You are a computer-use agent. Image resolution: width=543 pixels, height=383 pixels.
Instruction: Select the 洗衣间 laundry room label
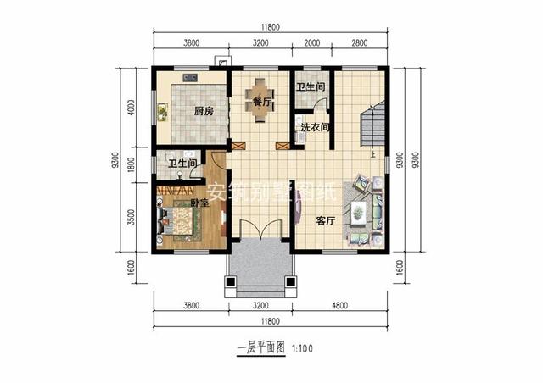(313, 128)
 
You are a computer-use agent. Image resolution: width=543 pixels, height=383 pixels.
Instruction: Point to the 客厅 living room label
(327, 220)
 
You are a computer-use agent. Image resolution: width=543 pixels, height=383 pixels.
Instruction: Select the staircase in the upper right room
(373, 123)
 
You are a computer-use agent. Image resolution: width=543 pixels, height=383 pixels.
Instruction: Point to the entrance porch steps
(260, 269)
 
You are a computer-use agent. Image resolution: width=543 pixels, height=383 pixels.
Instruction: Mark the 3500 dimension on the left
(131, 216)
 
